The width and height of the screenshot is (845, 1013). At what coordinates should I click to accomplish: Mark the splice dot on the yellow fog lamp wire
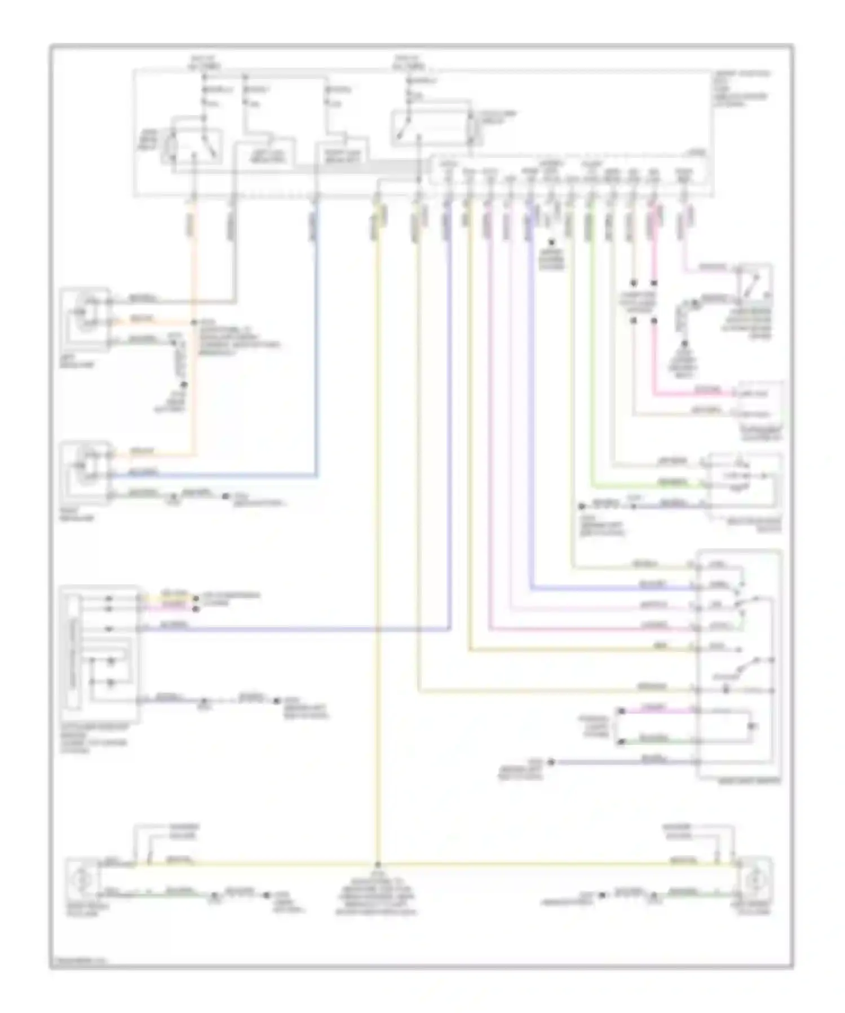click(x=378, y=864)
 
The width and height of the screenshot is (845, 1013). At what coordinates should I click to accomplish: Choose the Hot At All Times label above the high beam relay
click(x=203, y=63)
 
